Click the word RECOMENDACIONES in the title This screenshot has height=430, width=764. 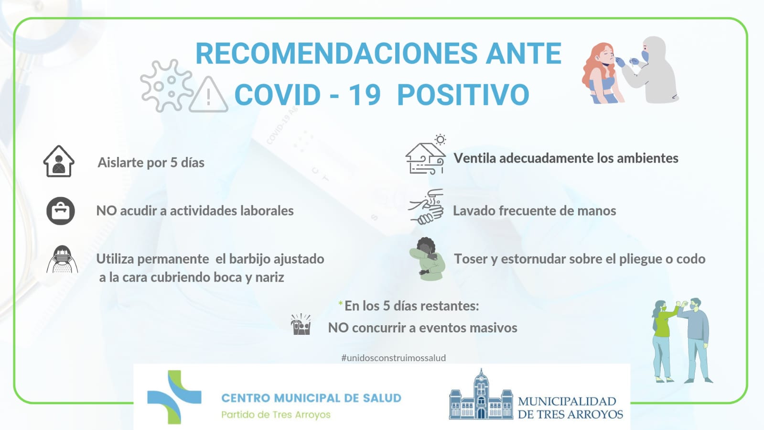click(x=336, y=54)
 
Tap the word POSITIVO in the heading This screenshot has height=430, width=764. click(x=463, y=95)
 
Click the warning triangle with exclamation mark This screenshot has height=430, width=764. click(x=208, y=95)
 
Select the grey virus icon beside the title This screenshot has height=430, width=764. click(x=166, y=85)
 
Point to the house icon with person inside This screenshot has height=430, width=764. click(x=59, y=161)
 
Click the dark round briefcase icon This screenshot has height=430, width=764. click(x=60, y=211)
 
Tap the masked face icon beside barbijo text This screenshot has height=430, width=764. click(x=62, y=259)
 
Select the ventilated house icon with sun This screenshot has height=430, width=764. click(x=426, y=154)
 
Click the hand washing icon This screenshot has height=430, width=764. click(x=426, y=207)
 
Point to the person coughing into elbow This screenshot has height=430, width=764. click(x=427, y=259)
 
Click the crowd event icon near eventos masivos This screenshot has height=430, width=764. click(x=301, y=324)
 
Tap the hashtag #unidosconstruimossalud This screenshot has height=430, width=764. click(x=394, y=358)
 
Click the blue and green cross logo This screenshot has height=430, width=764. click(x=174, y=397)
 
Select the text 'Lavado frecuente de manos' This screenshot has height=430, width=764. click(x=535, y=211)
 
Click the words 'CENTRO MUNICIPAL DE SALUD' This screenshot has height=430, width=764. click(x=312, y=398)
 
